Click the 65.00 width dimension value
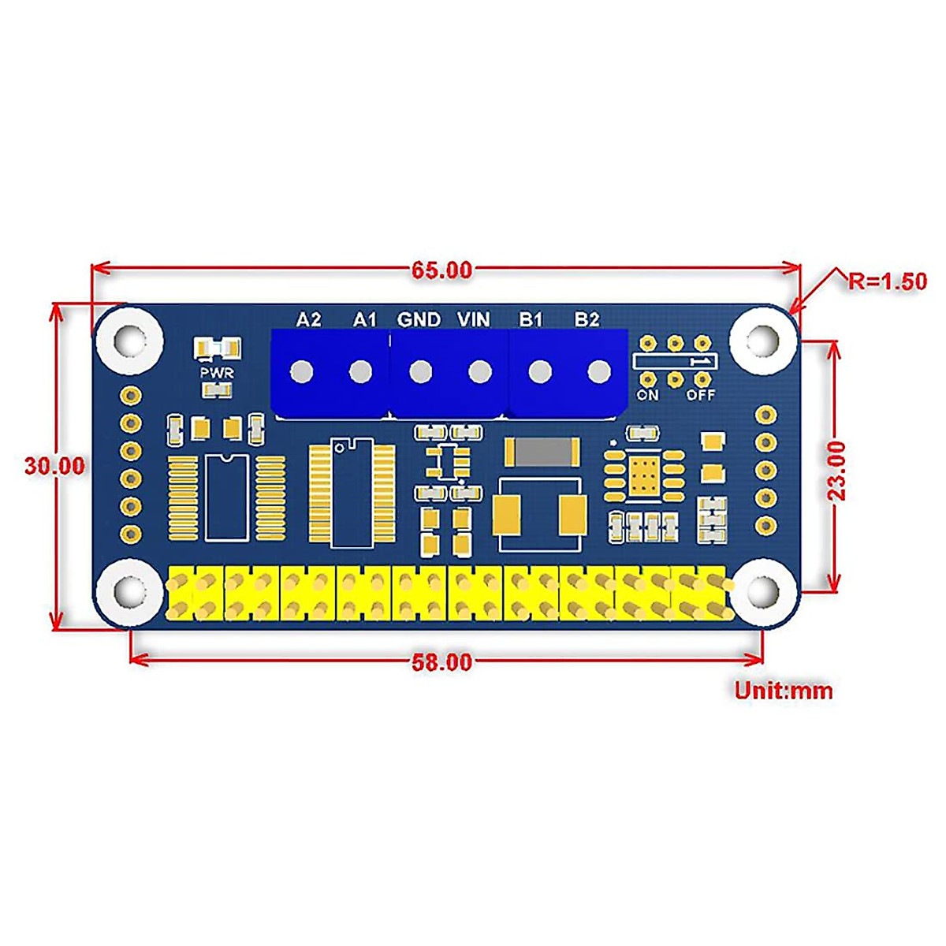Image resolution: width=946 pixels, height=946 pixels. click(x=441, y=270)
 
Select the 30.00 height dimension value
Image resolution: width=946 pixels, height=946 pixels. click(x=54, y=466)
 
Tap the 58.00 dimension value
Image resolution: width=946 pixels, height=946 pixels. click(x=441, y=662)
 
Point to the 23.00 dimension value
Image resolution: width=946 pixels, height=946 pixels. click(x=836, y=471)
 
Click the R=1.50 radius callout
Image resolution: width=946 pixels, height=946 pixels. click(x=888, y=281)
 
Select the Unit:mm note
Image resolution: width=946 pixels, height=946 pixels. click(x=784, y=691)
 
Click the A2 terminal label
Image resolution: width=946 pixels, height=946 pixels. click(x=308, y=319)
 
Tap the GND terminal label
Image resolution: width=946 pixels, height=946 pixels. click(x=419, y=319)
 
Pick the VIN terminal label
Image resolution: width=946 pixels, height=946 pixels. click(x=474, y=319)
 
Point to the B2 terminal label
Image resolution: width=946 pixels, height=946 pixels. click(x=587, y=319)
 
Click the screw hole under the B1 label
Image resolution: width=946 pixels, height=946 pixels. click(x=539, y=371)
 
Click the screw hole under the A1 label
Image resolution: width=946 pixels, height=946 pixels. click(x=361, y=371)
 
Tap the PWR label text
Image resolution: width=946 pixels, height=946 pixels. click(x=217, y=373)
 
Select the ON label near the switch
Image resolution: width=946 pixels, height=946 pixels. click(x=647, y=395)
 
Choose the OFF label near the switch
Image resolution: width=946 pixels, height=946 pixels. click(x=700, y=395)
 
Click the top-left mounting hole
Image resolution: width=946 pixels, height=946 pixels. click(x=130, y=341)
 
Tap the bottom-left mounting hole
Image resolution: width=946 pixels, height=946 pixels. click(x=128, y=593)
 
